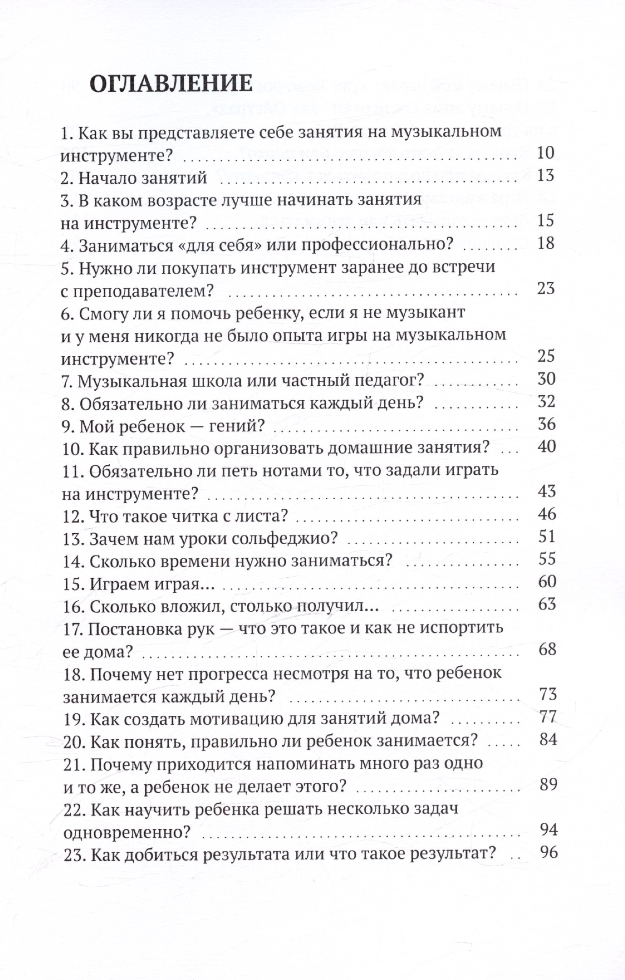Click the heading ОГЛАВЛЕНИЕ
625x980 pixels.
coord(171,84)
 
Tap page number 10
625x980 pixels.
coord(545,153)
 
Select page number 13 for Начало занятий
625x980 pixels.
coord(545,176)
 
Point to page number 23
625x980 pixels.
coord(545,289)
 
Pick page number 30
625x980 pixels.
coord(546,379)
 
